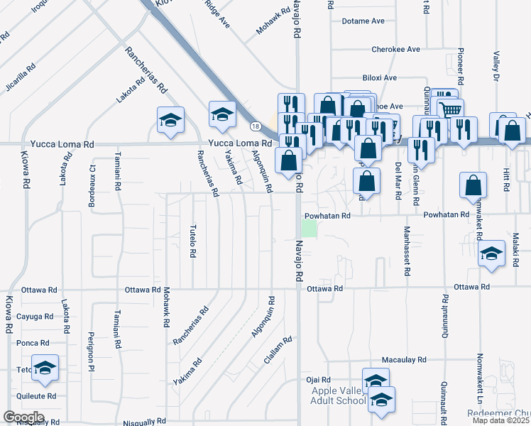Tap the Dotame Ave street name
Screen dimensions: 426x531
pyautogui.click(x=363, y=21)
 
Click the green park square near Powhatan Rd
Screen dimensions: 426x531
pyautogui.click(x=310, y=229)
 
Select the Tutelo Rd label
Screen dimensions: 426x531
pyautogui.click(x=192, y=241)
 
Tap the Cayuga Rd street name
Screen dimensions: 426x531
pyautogui.click(x=35, y=317)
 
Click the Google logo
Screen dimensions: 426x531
pyautogui.click(x=23, y=417)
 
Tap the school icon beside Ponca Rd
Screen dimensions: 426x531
pyautogui.click(x=45, y=368)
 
